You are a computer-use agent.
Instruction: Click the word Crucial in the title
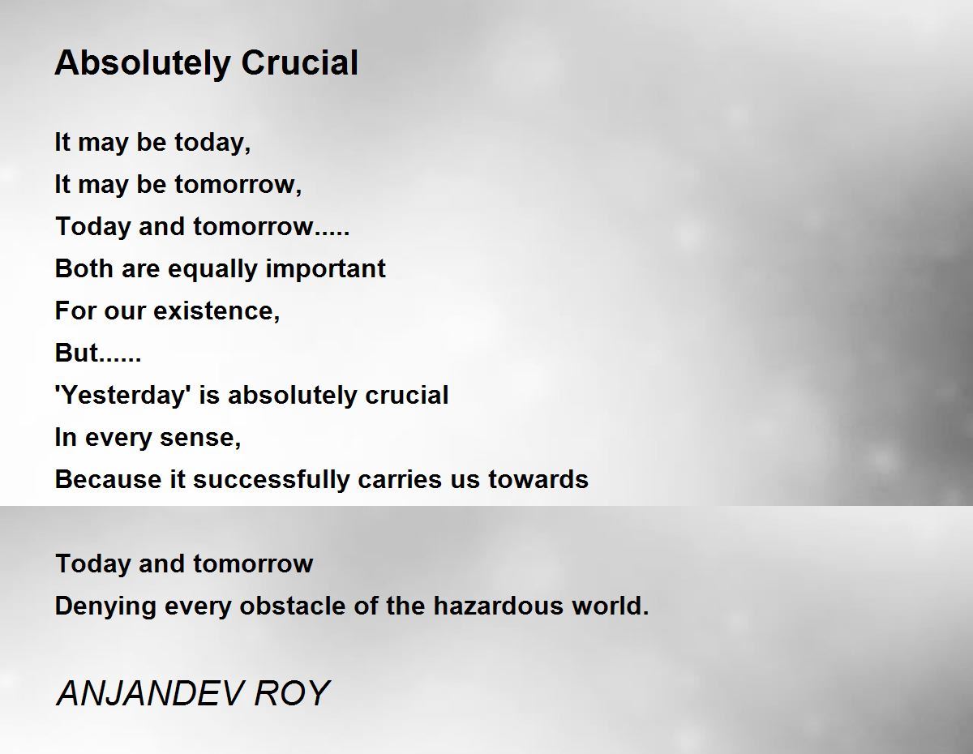click(x=299, y=62)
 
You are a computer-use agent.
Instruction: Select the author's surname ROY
click(x=292, y=693)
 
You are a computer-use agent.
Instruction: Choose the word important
click(x=325, y=269)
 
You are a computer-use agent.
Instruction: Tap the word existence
click(x=216, y=311)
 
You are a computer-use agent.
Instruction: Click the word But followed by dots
click(x=98, y=353)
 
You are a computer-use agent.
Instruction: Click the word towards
click(x=538, y=479)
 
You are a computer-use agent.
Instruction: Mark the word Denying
click(x=105, y=607)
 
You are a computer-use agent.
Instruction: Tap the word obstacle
click(x=293, y=606)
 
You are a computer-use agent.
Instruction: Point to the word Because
click(x=108, y=479)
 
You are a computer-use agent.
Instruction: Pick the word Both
click(x=83, y=268)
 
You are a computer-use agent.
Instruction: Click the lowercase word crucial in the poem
click(x=407, y=396)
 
